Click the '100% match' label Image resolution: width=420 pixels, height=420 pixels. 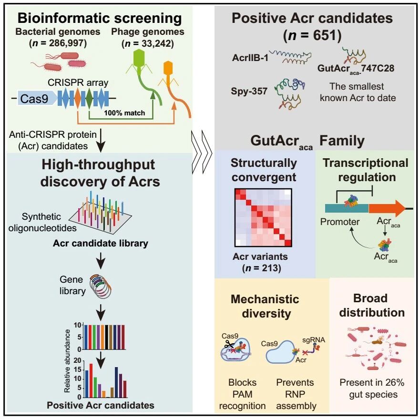pyautogui.click(x=124, y=113)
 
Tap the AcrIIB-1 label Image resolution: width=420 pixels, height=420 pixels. pyautogui.click(x=250, y=58)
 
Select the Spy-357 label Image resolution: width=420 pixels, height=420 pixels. pyautogui.click(x=249, y=91)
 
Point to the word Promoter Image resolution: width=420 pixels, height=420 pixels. pyautogui.click(x=340, y=222)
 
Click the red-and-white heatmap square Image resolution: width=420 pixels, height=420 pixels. pyautogui.click(x=263, y=217)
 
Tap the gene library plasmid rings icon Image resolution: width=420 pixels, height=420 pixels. pyautogui.click(x=101, y=287)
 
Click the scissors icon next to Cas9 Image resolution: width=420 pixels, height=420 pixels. pyautogui.click(x=229, y=344)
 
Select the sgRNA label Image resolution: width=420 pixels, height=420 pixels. pyautogui.click(x=313, y=340)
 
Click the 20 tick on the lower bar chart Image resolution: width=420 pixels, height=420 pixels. pyautogui.click(x=77, y=360)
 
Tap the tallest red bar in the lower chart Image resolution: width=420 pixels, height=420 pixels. pyautogui.click(x=91, y=380)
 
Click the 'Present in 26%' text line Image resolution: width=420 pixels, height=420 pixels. pyautogui.click(x=372, y=382)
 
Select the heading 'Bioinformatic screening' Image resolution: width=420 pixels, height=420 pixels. pyautogui.click(x=100, y=18)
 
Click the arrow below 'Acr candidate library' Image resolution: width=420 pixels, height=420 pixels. pyautogui.click(x=101, y=260)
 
